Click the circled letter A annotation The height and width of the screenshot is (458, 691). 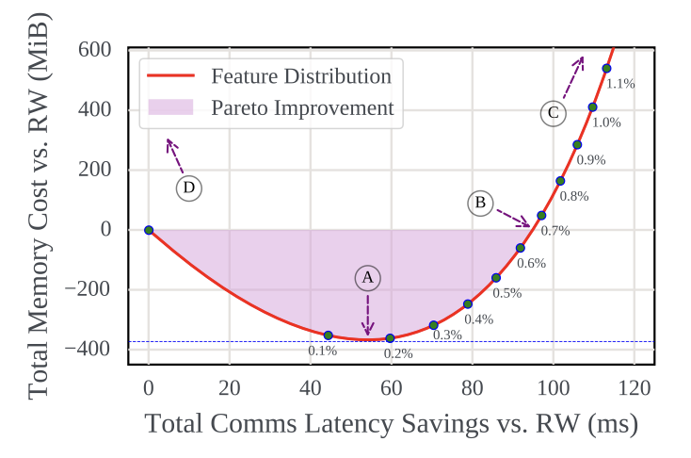368,278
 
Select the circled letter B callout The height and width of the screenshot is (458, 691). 480,203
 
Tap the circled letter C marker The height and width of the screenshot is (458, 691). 553,113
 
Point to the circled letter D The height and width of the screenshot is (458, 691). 189,188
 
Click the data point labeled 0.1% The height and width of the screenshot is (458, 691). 329,335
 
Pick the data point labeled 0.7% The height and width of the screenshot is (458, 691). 541,216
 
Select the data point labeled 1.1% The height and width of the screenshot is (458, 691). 606,68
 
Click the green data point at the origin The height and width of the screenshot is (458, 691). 149,230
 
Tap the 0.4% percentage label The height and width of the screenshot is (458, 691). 478,319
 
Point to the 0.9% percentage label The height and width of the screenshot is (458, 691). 590,160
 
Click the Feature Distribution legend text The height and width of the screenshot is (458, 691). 301,76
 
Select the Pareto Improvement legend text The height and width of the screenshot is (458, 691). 302,107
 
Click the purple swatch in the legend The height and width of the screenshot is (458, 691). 170,107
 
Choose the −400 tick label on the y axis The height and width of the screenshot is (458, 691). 90,350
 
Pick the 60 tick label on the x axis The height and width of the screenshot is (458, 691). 391,387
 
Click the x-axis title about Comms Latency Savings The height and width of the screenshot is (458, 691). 391,424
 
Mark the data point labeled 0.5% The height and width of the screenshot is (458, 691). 496,277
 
